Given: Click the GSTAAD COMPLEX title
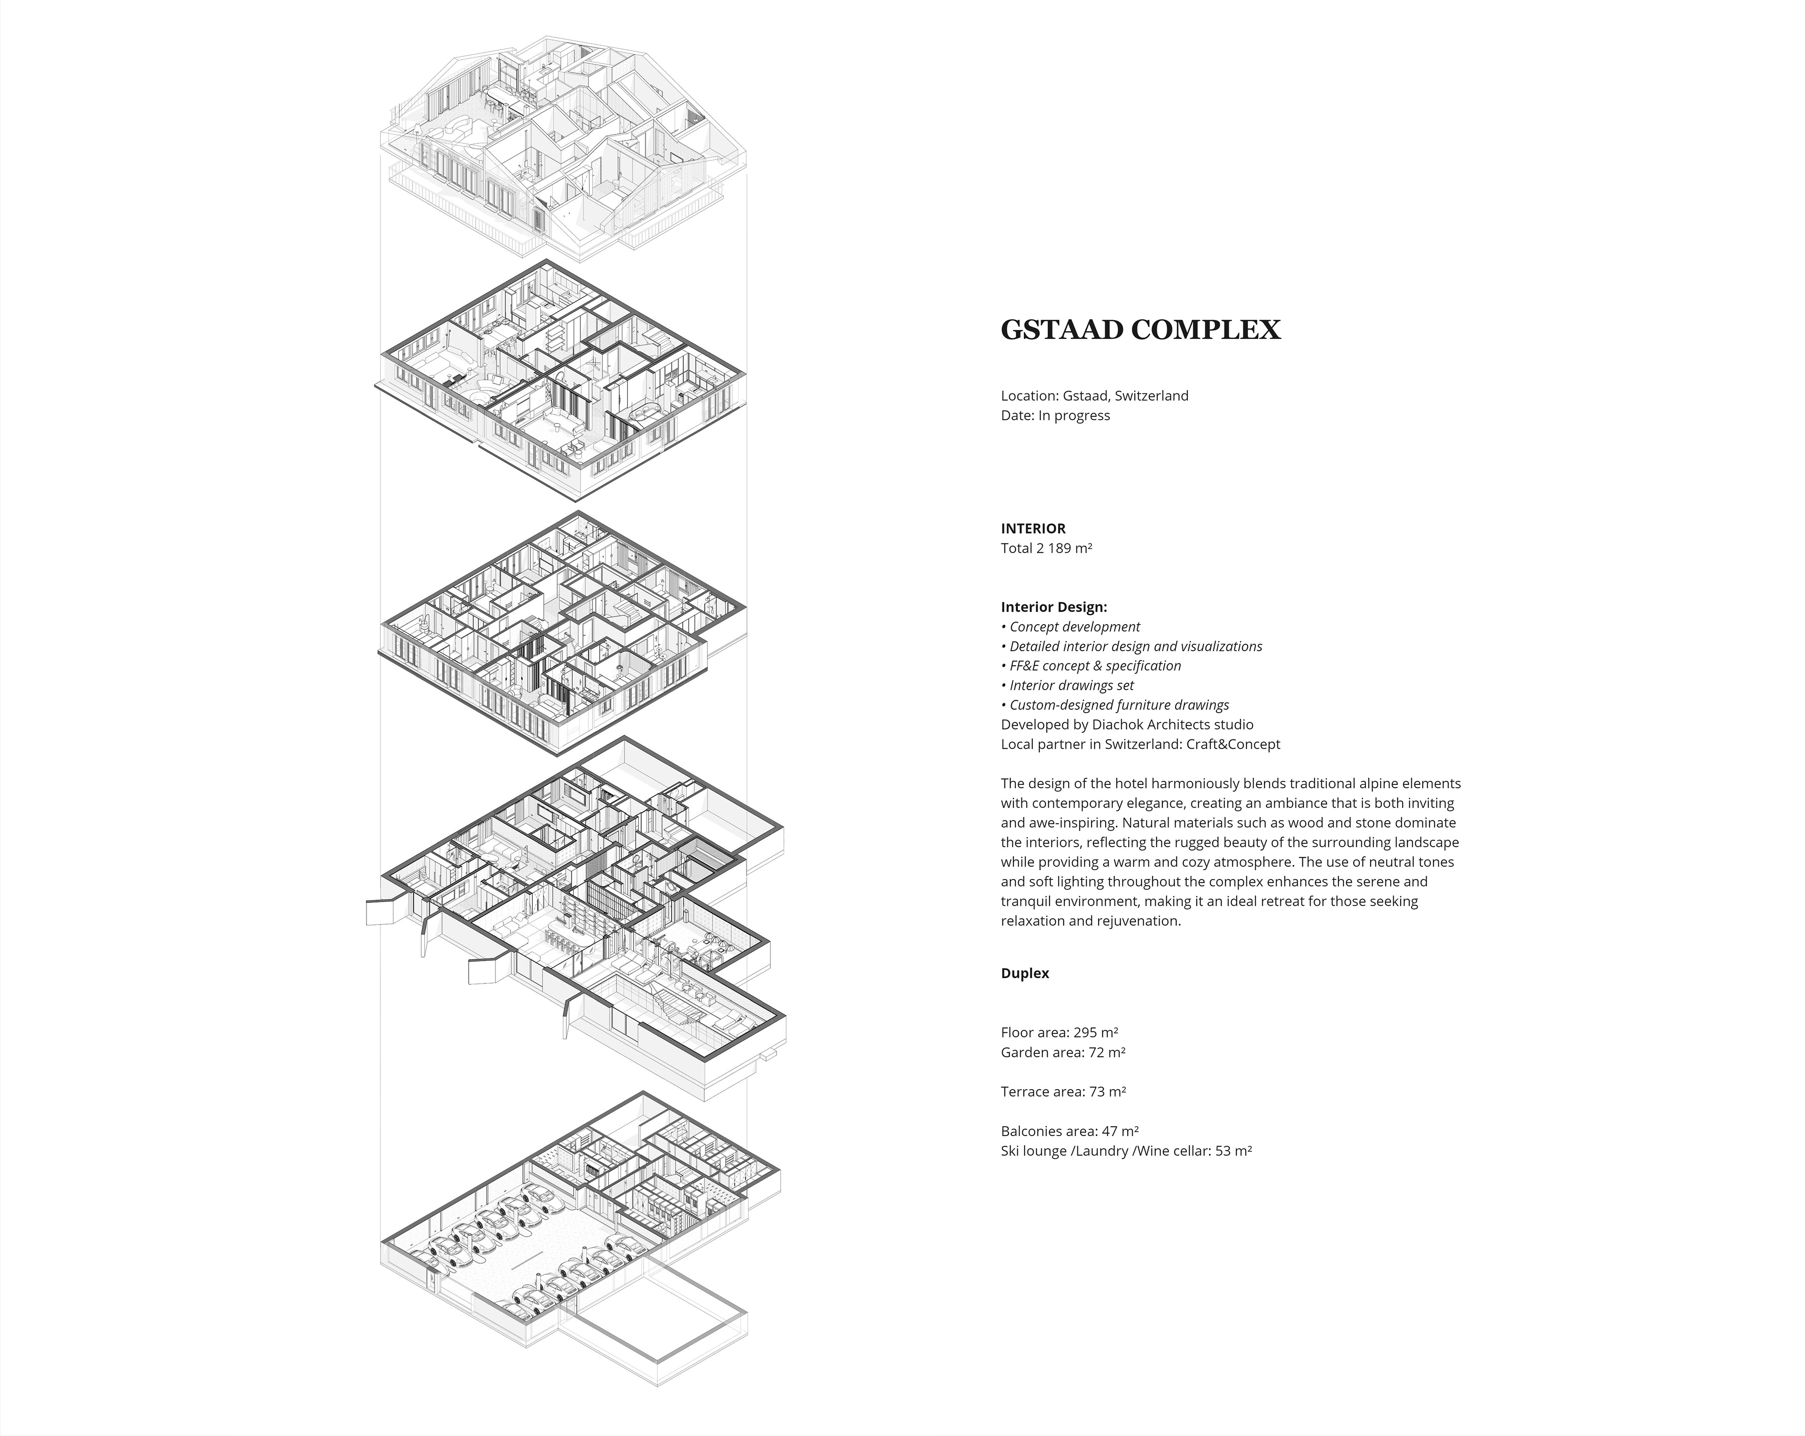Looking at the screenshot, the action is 1140,330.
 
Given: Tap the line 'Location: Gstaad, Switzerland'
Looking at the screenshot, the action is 1094,396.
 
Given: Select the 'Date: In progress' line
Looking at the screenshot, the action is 1055,416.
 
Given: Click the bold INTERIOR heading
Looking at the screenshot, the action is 1033,528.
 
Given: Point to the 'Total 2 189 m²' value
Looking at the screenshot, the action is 1046,549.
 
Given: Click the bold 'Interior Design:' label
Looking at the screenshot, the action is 1053,607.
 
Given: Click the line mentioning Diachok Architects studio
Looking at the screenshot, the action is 1127,724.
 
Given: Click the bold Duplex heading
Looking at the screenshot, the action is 1025,973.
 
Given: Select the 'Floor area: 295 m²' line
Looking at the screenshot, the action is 1059,1032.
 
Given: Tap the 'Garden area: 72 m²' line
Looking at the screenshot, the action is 1062,1052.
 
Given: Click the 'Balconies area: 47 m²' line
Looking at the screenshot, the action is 1069,1131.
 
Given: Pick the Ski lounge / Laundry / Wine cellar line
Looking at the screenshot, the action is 1126,1151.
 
